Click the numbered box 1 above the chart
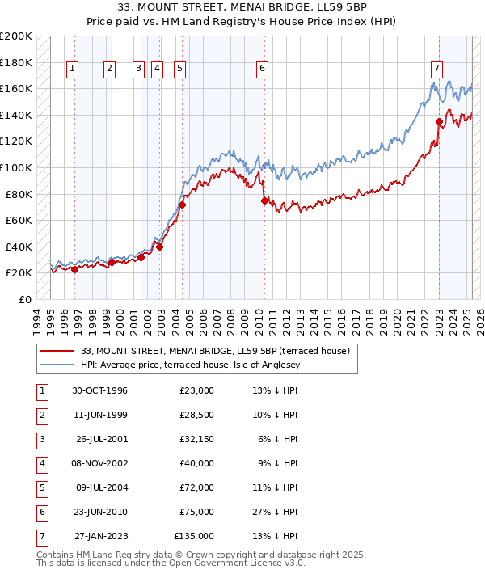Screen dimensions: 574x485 click(73, 70)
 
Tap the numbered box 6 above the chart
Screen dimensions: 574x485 click(263, 70)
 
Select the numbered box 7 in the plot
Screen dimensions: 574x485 click(436, 70)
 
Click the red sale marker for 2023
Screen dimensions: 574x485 click(439, 122)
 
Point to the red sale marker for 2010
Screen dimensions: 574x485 click(264, 200)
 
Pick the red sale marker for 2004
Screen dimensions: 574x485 click(182, 205)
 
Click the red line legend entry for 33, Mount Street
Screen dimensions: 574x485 click(214, 351)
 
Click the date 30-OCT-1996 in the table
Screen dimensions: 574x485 click(99, 391)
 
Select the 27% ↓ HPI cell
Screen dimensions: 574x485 click(275, 512)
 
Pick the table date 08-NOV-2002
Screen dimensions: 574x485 click(99, 463)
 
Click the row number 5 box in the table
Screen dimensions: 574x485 click(41, 487)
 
